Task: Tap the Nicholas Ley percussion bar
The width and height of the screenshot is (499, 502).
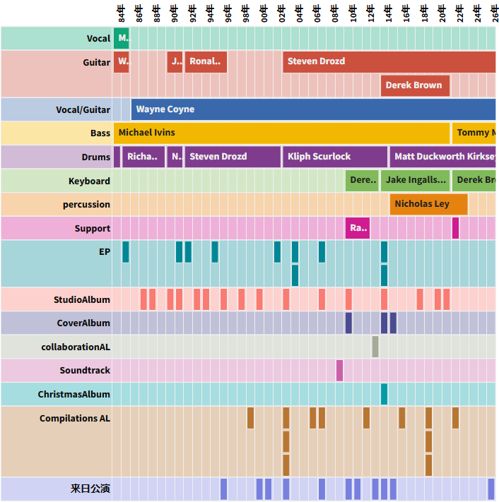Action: coord(428,204)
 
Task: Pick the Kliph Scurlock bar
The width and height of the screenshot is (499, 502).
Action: coord(335,157)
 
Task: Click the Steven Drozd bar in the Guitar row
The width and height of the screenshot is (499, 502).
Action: coord(389,61)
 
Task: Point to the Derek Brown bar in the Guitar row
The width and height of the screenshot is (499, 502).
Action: coord(415,85)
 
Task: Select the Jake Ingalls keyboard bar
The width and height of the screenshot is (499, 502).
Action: coord(416,180)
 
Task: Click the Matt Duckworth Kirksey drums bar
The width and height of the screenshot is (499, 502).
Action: coord(443,157)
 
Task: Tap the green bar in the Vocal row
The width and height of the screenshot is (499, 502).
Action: coord(122,38)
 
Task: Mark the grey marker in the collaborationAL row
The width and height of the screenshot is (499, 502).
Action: coord(375,347)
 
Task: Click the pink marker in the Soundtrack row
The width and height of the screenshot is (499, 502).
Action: coord(339,370)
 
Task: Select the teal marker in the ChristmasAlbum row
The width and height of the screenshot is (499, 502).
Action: coord(384,394)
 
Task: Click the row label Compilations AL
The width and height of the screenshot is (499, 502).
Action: coord(75,418)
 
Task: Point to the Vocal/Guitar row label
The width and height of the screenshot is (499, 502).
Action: coord(83,109)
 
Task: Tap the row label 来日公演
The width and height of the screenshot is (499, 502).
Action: coord(90,489)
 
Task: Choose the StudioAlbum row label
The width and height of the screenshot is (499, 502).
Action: coord(82,299)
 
